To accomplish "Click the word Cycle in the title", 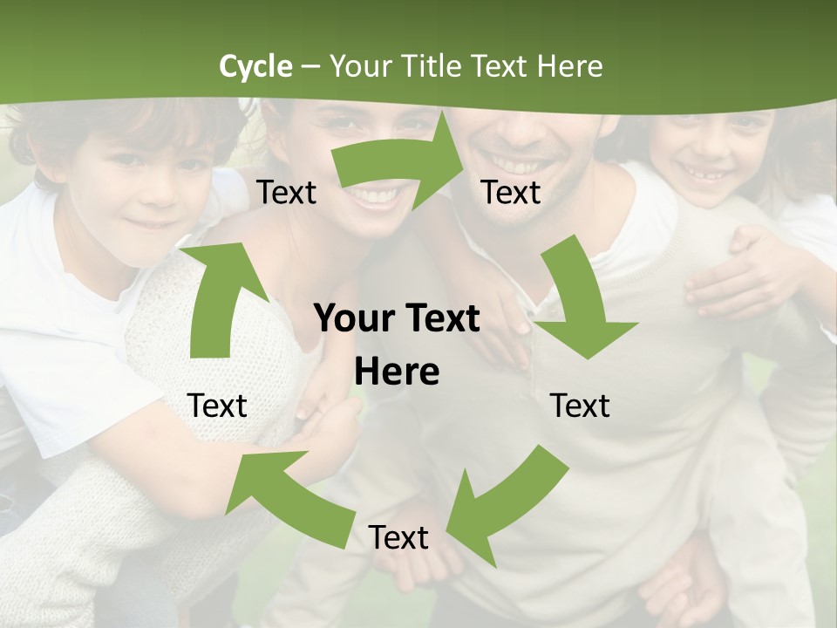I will pos(255,66).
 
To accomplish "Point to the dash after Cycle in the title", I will pos(310,66).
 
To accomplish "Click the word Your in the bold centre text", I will pos(354,319).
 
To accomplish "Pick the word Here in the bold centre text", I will pos(397,372).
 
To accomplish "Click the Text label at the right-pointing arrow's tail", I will pos(287,193).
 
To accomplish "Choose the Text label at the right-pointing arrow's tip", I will pos(511,193).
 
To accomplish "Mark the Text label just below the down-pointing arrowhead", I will pos(580,406).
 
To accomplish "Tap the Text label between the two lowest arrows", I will pos(398,538).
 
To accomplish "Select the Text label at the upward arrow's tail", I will pos(217,406).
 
